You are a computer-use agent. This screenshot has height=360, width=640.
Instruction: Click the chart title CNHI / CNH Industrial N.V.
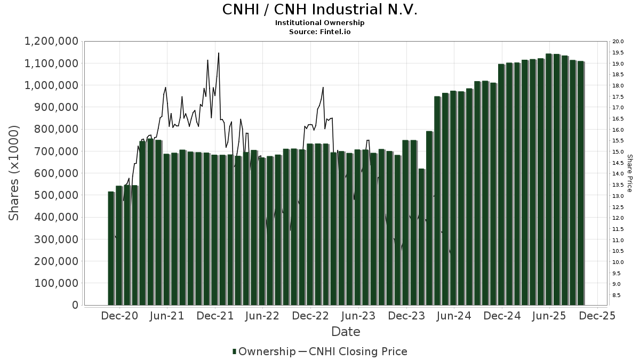[x=319, y=10]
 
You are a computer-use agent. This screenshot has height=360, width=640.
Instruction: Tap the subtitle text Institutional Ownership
[x=319, y=23]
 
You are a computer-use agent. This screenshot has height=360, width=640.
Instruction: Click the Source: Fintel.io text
[x=319, y=32]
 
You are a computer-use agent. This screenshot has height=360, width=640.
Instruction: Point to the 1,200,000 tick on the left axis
[x=52, y=42]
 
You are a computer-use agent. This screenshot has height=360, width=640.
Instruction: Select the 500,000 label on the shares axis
[x=56, y=195]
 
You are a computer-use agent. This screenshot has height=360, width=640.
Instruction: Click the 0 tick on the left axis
[x=75, y=305]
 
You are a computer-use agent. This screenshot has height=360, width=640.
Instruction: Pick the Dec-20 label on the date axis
[x=119, y=316]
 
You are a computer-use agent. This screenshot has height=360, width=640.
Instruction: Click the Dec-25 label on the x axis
[x=597, y=316]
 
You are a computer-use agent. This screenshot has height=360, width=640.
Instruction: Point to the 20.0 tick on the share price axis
[x=619, y=42]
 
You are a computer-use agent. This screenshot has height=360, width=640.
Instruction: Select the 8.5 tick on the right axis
[x=617, y=295]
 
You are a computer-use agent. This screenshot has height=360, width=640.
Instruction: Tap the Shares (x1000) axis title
[x=14, y=173]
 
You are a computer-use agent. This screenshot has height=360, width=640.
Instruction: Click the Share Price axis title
[x=629, y=173]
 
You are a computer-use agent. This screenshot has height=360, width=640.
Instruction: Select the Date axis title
[x=346, y=332]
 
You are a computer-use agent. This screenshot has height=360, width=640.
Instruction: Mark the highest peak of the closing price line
[x=219, y=53]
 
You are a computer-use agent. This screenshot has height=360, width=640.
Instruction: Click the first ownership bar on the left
[x=111, y=248]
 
